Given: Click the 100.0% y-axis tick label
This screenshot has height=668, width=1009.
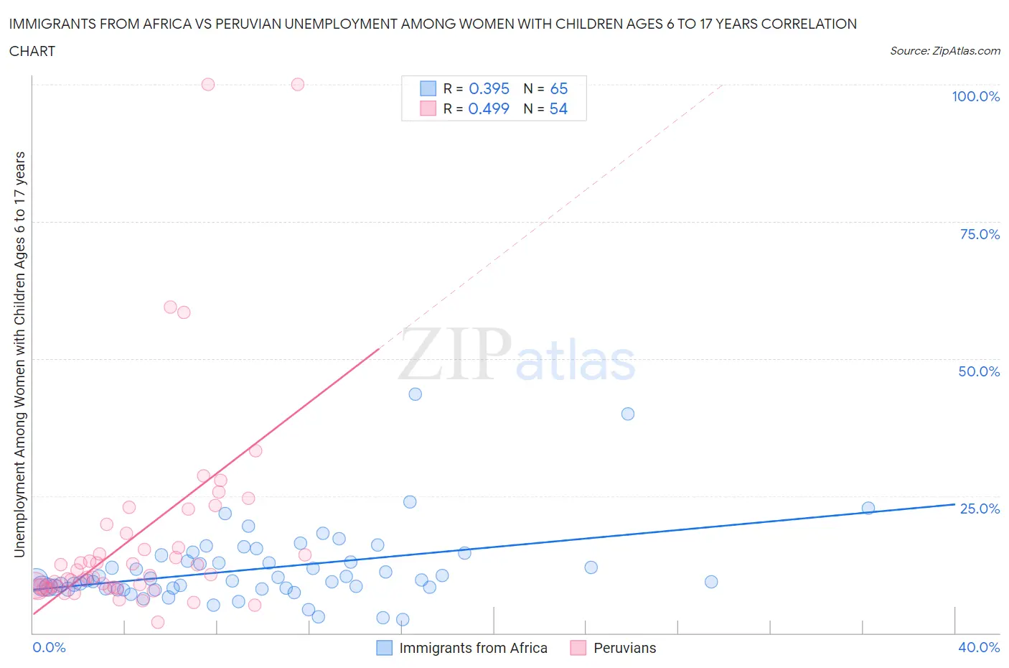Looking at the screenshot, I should click(x=975, y=96).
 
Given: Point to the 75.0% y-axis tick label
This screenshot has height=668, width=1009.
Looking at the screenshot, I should click(x=980, y=234).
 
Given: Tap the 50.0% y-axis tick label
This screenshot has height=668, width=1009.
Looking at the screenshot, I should click(x=979, y=371).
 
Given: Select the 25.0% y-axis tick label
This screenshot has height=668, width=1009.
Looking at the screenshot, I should click(x=980, y=509).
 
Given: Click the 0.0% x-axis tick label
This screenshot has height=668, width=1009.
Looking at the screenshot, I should click(x=49, y=647).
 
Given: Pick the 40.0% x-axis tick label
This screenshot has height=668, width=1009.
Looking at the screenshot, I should click(x=979, y=647).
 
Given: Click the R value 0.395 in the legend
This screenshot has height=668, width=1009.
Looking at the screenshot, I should click(x=489, y=88).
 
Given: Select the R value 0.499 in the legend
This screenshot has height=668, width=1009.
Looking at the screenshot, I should click(x=489, y=108).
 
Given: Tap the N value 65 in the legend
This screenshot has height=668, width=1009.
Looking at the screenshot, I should click(x=558, y=88).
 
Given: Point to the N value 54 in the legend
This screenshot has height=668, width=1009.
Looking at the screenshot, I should click(x=558, y=108).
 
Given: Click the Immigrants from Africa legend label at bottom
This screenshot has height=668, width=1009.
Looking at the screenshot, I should click(x=473, y=648).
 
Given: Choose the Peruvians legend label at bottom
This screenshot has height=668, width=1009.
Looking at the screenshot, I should click(x=624, y=648).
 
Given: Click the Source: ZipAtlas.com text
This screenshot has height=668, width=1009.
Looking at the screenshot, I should click(x=944, y=50).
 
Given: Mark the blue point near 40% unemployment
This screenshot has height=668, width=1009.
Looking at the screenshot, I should click(x=628, y=414).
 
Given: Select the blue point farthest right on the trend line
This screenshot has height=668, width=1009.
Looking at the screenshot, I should click(x=868, y=508).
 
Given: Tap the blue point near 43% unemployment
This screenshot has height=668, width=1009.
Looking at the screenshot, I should click(x=415, y=394).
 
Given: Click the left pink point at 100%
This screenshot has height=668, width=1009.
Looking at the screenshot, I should click(x=208, y=84).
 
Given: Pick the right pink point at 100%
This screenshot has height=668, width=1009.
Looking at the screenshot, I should click(x=298, y=84).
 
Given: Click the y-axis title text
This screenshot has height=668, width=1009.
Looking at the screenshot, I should click(x=19, y=354).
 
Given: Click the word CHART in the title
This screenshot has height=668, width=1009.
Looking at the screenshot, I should click(x=32, y=51).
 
